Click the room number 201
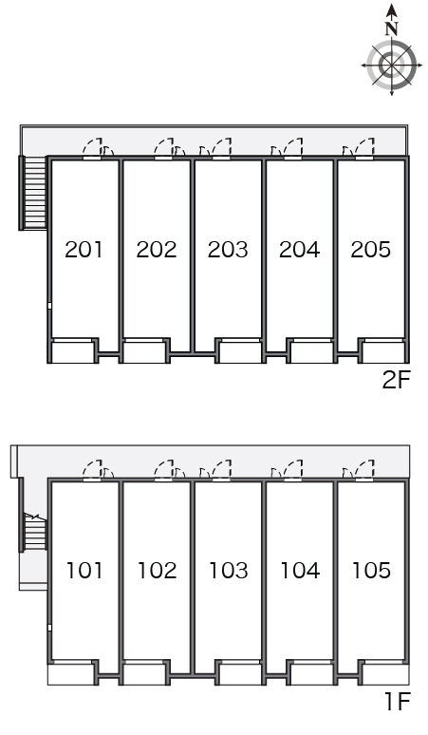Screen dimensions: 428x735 (x=84, y=250)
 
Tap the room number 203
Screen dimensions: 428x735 (x=228, y=250)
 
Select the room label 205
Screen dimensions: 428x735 (x=370, y=250)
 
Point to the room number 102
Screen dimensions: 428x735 (x=157, y=571)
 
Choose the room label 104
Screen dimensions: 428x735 (x=300, y=571)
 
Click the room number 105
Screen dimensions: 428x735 (x=371, y=571)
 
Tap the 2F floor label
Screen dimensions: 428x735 (x=396, y=380)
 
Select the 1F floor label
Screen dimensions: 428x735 (x=398, y=702)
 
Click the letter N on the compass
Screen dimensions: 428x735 (x=392, y=29)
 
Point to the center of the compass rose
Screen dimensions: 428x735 (x=392, y=65)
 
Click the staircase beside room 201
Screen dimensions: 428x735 (x=34, y=193)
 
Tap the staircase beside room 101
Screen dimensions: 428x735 (x=34, y=532)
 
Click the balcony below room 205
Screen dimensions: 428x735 (x=383, y=352)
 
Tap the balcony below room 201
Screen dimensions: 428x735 (x=72, y=352)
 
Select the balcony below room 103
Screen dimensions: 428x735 (x=240, y=674)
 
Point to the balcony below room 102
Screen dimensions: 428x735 (x=143, y=674)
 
